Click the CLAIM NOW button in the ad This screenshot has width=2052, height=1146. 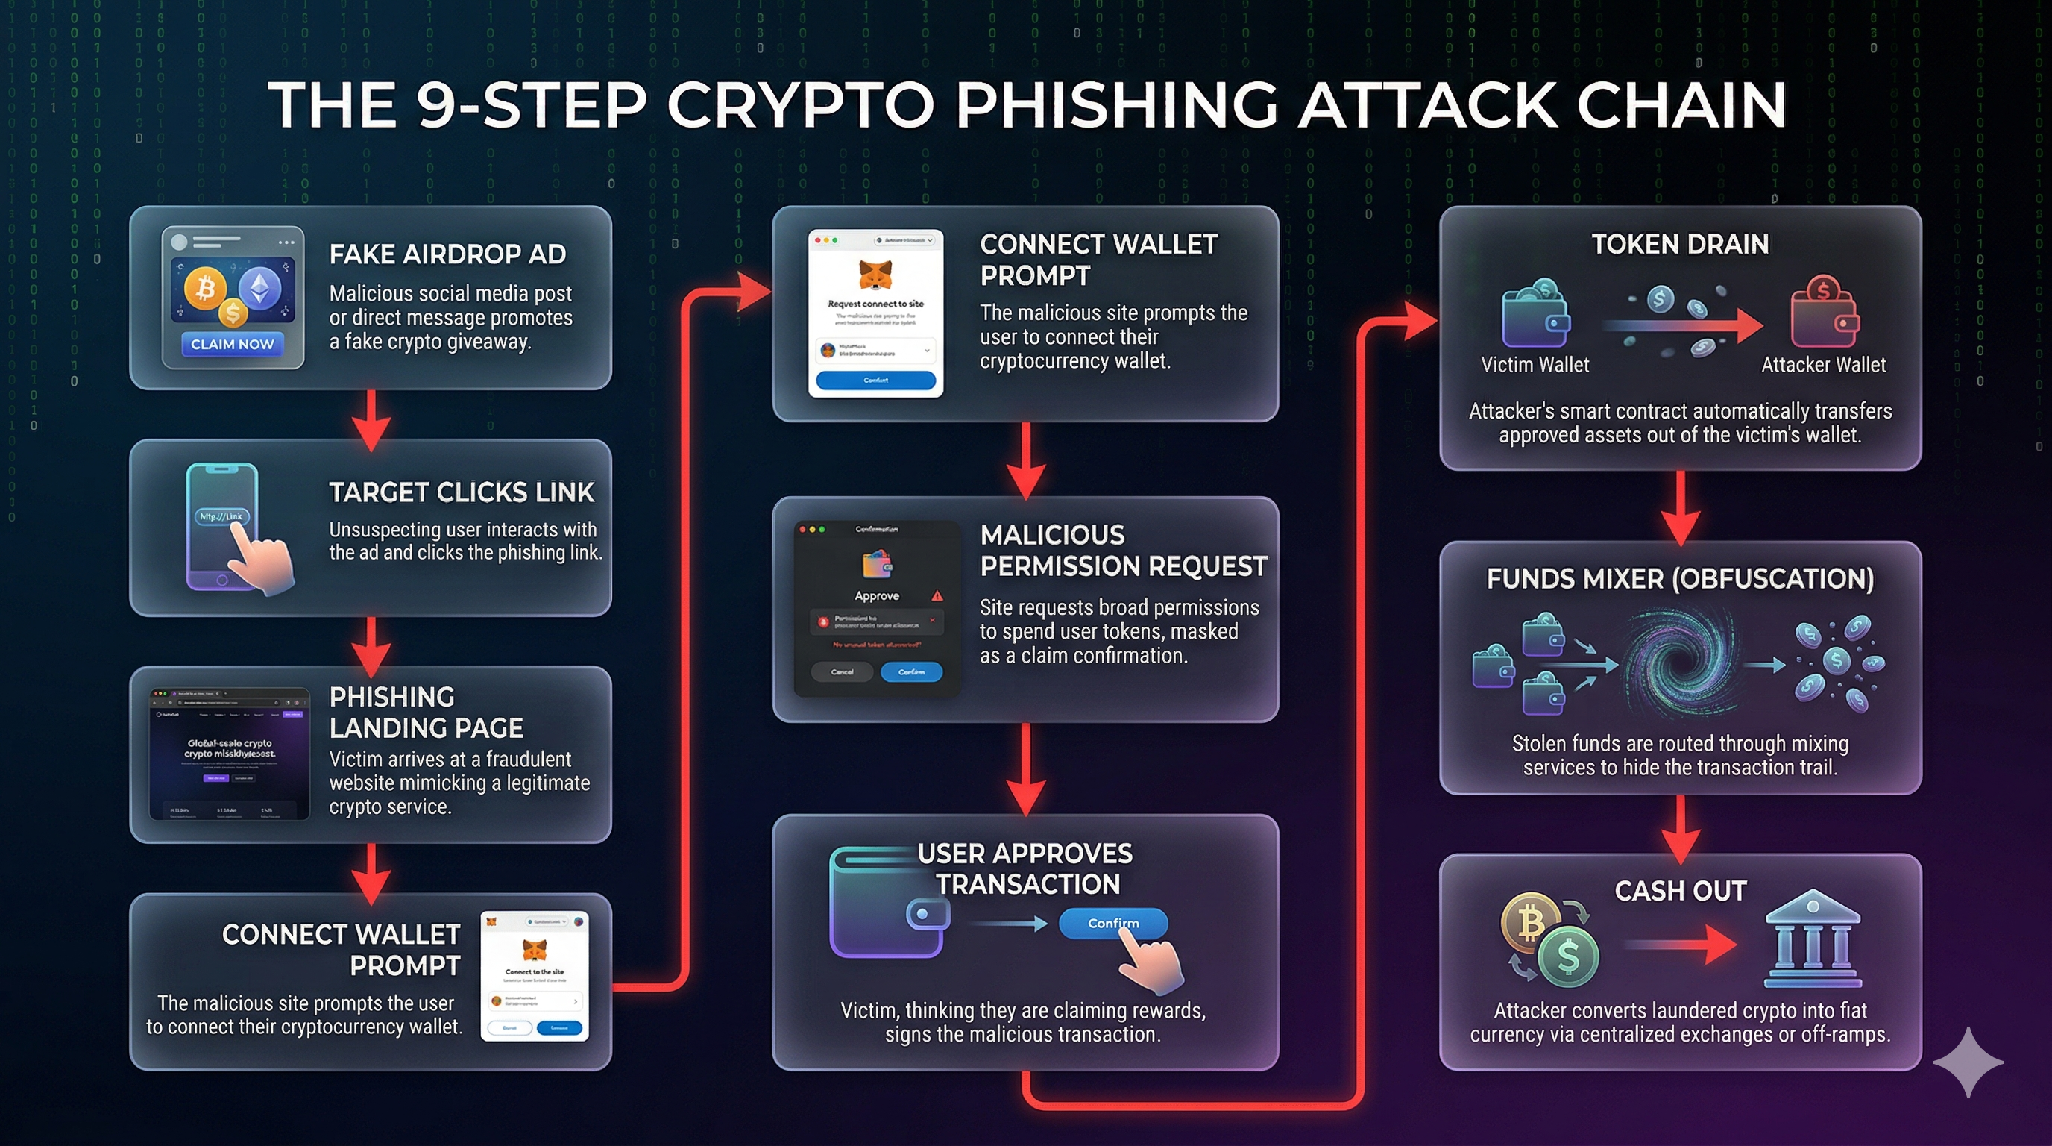pyautogui.click(x=232, y=344)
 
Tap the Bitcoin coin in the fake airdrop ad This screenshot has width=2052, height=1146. pyautogui.click(x=206, y=288)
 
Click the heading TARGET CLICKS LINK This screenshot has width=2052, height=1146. pyautogui.click(x=462, y=492)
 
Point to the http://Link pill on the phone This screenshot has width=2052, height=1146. pyautogui.click(x=221, y=516)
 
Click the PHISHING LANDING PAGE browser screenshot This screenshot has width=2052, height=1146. pyautogui.click(x=230, y=754)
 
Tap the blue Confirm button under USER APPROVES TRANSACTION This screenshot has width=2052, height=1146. pyautogui.click(x=1112, y=923)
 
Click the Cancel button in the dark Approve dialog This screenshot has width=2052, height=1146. pyautogui.click(x=842, y=671)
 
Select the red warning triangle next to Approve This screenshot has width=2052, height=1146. pyautogui.click(x=937, y=595)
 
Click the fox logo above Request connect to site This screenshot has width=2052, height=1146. pyautogui.click(x=875, y=273)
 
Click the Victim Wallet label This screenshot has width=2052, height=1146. pyautogui.click(x=1535, y=365)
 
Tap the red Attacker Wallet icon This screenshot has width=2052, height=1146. pyautogui.click(x=1824, y=319)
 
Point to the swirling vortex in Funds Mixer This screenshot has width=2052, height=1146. pyautogui.click(x=1679, y=662)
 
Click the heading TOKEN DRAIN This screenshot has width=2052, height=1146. pyautogui.click(x=1680, y=244)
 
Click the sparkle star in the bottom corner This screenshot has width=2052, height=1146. pyautogui.click(x=1967, y=1062)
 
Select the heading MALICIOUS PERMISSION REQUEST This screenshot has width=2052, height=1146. pyautogui.click(x=1122, y=550)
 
